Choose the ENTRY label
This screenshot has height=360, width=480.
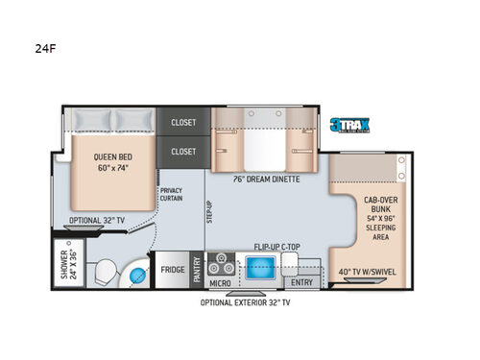pos(300,281)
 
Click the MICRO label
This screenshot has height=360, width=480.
pos(221,282)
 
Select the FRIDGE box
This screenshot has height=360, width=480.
pos(173,270)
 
